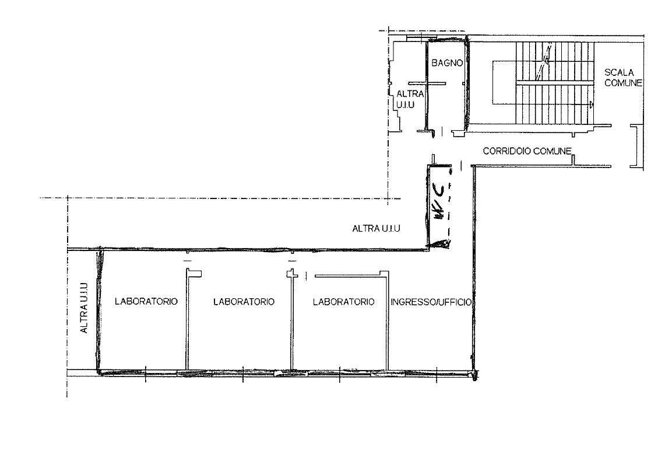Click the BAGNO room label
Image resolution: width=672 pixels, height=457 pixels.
coord(447,63)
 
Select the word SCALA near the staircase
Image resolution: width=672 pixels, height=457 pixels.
coord(618,72)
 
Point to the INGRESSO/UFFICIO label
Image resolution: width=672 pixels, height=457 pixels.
coord(431,302)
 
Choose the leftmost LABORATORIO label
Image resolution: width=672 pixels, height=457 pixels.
coord(146,301)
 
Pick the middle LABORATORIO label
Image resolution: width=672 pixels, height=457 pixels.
coord(244,302)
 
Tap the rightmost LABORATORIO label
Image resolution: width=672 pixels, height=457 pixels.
coord(343,302)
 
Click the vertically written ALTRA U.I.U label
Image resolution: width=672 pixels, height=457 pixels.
coord(84,308)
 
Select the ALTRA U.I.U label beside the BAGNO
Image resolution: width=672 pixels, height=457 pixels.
coord(409,99)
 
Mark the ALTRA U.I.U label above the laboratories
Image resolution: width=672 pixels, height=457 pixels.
coord(376,229)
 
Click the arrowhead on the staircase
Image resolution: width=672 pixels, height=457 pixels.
coord(591,104)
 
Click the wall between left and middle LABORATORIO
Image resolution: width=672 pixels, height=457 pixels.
coord(187,319)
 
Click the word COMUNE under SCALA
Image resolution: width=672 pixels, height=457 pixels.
coord(624,83)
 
